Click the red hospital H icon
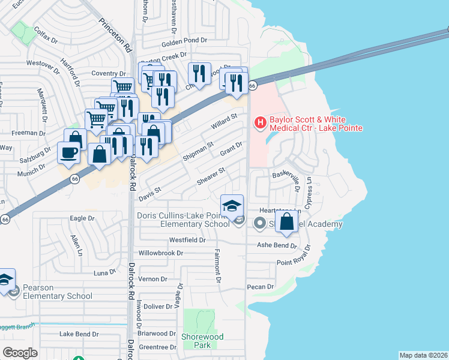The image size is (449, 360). pos(261,123)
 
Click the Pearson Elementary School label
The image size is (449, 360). pos(58,292)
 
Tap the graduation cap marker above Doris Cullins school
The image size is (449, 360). pos(232,206)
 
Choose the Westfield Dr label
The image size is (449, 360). pos(187,239)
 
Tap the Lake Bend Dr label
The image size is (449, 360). pos(79,334)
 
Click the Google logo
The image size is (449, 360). pos(20,353)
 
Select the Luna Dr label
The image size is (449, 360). pos(103,272)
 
